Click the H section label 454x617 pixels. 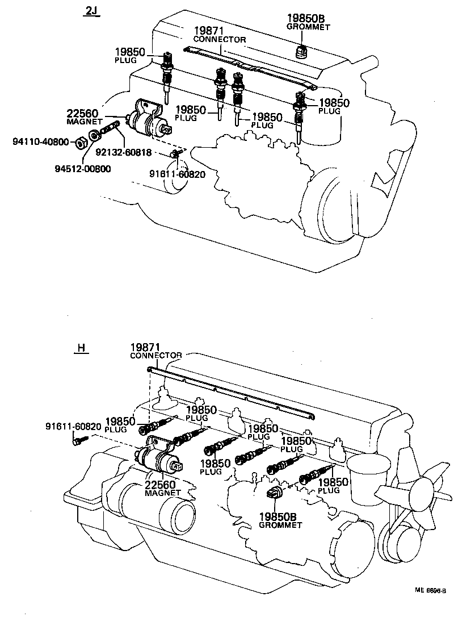pyautogui.click(x=81, y=348)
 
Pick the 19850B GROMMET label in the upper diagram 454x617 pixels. pyautogui.click(x=308, y=22)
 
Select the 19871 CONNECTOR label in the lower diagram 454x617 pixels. pyautogui.click(x=155, y=351)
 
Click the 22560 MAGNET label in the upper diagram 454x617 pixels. pyautogui.click(x=84, y=117)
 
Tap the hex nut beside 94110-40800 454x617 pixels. pyautogui.click(x=81, y=139)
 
